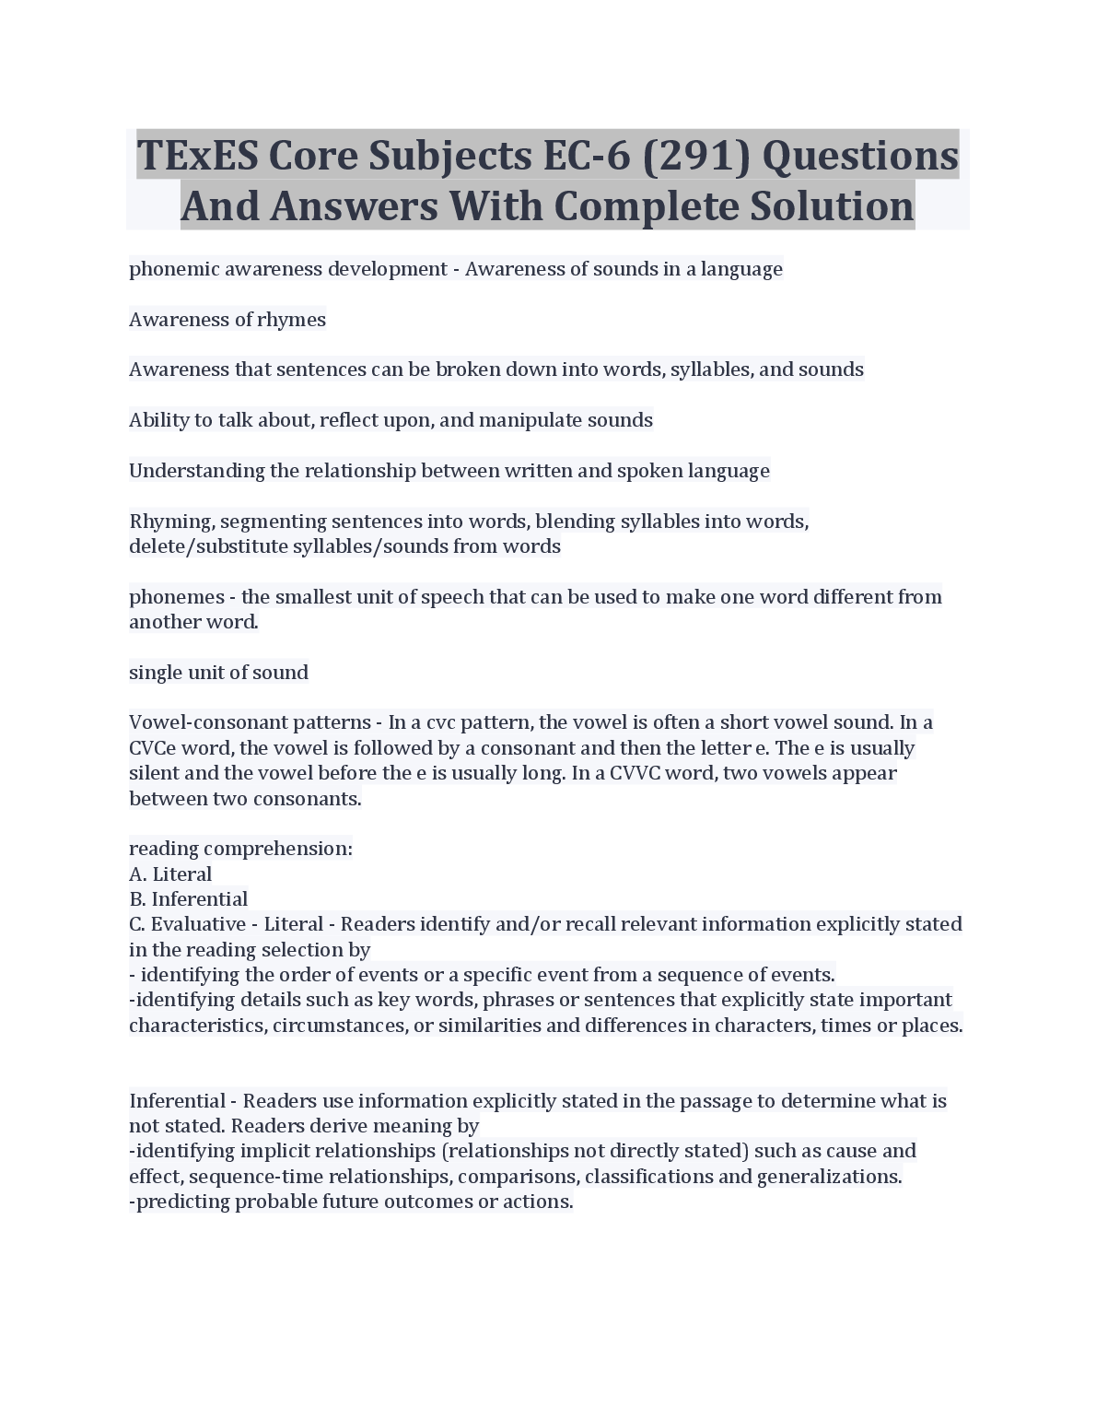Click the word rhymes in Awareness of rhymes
click(x=292, y=320)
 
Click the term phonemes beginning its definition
click(x=176, y=597)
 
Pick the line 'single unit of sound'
click(x=218, y=673)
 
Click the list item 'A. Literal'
click(x=170, y=874)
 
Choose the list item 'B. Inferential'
click(x=188, y=899)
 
